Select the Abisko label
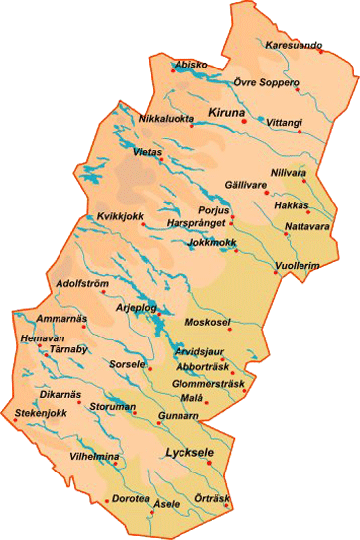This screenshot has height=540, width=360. coord(191,65)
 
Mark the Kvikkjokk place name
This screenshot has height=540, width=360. coord(109,217)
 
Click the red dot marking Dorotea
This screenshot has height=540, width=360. coord(107,498)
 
